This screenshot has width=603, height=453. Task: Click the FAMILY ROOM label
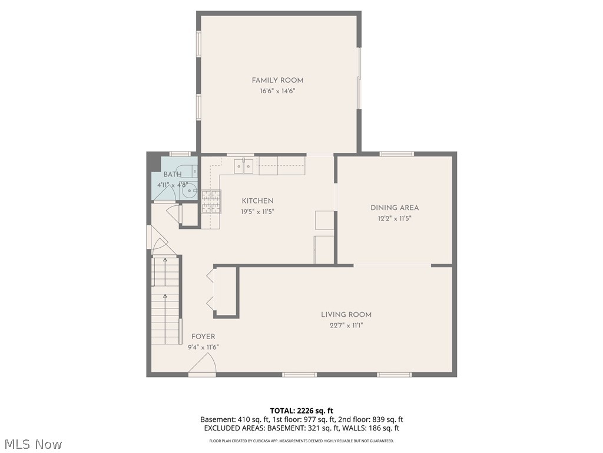click(277, 80)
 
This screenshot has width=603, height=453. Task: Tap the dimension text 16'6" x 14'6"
click(277, 91)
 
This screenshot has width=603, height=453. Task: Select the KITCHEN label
click(257, 201)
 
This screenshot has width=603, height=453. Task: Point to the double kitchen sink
click(243, 166)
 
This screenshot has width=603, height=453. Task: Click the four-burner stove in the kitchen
click(211, 202)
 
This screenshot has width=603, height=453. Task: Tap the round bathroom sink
click(189, 191)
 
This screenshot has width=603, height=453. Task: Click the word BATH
click(173, 175)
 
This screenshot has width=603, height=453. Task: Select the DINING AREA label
click(395, 208)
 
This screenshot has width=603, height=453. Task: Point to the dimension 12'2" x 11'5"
click(395, 218)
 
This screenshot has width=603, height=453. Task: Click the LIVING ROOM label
click(346, 315)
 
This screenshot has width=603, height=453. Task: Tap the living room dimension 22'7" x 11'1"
click(346, 326)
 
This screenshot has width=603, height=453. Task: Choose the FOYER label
click(203, 337)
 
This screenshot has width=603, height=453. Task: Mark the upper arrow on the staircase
click(165, 260)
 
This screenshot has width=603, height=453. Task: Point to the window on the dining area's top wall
click(396, 154)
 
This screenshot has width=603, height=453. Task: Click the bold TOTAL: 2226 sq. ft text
click(301, 411)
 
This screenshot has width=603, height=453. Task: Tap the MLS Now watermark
click(32, 444)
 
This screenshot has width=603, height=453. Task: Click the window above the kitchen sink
click(240, 155)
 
